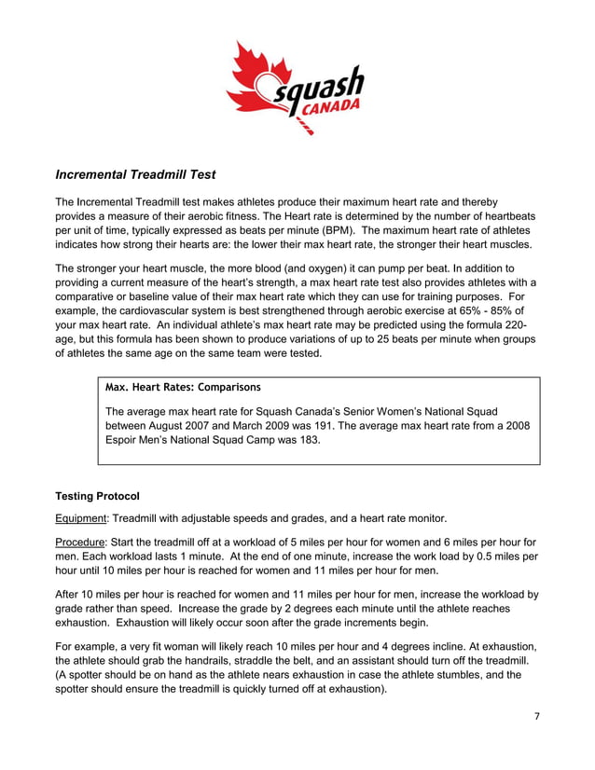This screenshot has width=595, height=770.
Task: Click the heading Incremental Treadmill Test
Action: click(136, 173)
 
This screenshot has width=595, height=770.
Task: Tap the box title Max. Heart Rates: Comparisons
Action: click(184, 386)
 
